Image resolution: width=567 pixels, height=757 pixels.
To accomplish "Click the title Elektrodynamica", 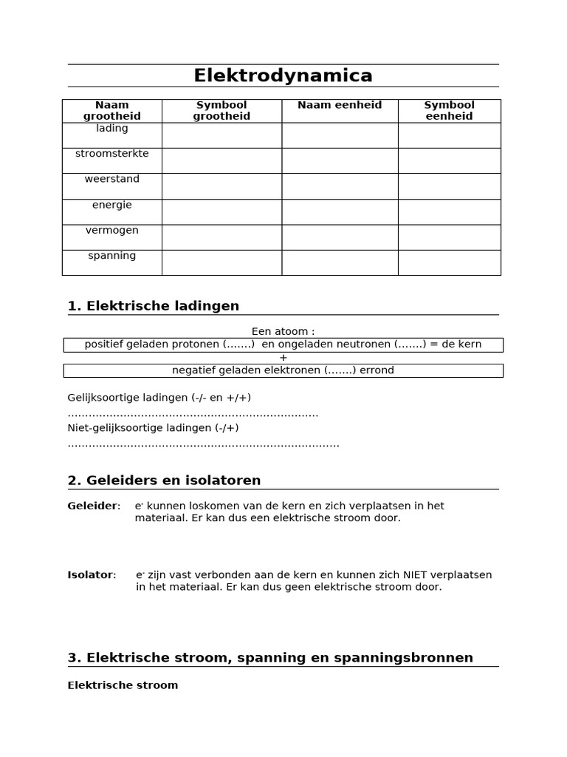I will [x=283, y=76].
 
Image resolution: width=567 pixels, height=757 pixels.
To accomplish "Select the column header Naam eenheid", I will [x=340, y=105].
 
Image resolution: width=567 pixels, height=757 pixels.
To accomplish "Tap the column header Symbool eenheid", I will [x=449, y=111].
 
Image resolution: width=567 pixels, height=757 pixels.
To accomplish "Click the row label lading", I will [x=112, y=128].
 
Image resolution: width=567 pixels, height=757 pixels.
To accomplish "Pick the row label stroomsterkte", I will [x=112, y=154].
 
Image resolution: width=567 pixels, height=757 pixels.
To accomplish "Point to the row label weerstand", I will [x=112, y=179].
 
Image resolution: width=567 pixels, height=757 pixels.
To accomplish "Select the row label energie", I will [x=112, y=205].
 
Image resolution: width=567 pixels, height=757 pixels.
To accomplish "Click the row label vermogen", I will [x=112, y=230].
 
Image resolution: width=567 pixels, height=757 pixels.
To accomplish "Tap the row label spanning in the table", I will [x=112, y=256].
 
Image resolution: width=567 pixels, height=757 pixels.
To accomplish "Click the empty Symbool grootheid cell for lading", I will [x=221, y=135].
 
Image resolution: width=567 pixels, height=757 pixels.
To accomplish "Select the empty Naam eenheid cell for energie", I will [x=340, y=211].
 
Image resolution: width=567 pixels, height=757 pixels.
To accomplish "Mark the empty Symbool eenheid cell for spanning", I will [x=449, y=262].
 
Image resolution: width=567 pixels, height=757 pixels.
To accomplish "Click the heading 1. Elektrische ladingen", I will [x=154, y=306].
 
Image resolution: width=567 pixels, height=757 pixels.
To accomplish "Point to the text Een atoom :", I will [x=283, y=331].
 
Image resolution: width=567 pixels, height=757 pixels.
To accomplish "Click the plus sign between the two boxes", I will [x=283, y=357].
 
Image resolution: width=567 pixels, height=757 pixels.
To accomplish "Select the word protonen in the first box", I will [x=199, y=344].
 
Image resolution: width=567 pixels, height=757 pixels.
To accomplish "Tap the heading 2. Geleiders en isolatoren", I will [x=164, y=481].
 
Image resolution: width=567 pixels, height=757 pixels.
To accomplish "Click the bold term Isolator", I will [x=90, y=574].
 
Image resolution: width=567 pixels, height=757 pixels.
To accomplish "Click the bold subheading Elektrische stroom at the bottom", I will [x=123, y=685].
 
